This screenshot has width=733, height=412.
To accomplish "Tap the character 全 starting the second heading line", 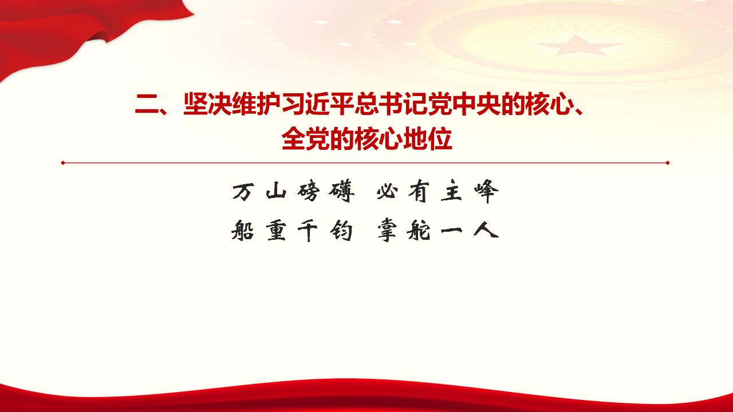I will point(294,139).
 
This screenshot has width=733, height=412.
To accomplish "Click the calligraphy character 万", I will point(242,193).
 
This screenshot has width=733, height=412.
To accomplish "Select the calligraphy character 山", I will point(275,193).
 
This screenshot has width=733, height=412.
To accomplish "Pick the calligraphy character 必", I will point(387,193).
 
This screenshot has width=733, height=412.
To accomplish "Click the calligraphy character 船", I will point(242,231).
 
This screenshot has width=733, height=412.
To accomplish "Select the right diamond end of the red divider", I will point(668,163).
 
